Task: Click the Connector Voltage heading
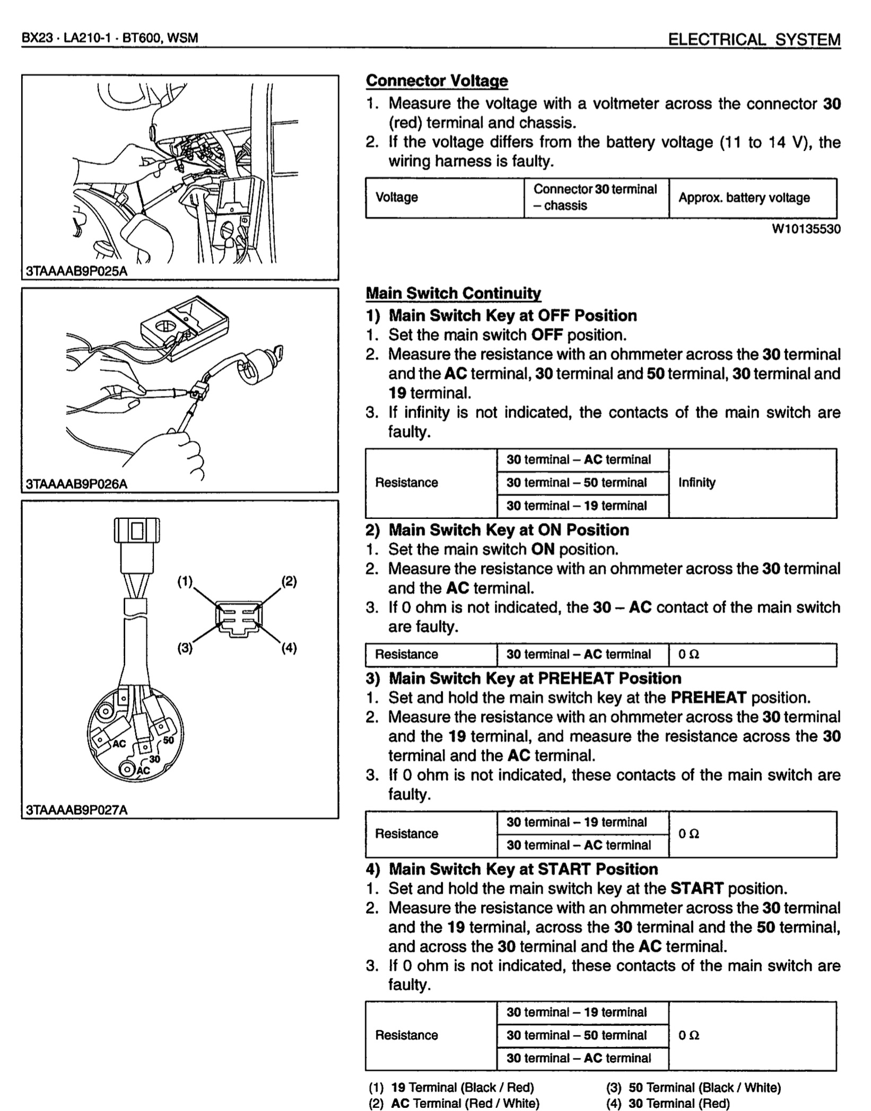437,81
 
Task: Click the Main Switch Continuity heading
453,293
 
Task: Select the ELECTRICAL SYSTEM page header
754,40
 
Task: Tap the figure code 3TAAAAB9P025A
77,271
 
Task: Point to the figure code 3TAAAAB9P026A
77,484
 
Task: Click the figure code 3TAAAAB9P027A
77,810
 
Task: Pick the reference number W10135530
806,229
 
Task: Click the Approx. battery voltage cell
744,198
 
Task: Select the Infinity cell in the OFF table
697,483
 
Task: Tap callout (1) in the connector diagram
185,581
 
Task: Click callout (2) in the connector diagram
289,581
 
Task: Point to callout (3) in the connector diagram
185,648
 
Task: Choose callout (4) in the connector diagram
289,648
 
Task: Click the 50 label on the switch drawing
169,740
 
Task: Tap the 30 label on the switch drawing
154,759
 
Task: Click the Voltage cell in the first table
397,198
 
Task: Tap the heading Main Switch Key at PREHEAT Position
535,678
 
